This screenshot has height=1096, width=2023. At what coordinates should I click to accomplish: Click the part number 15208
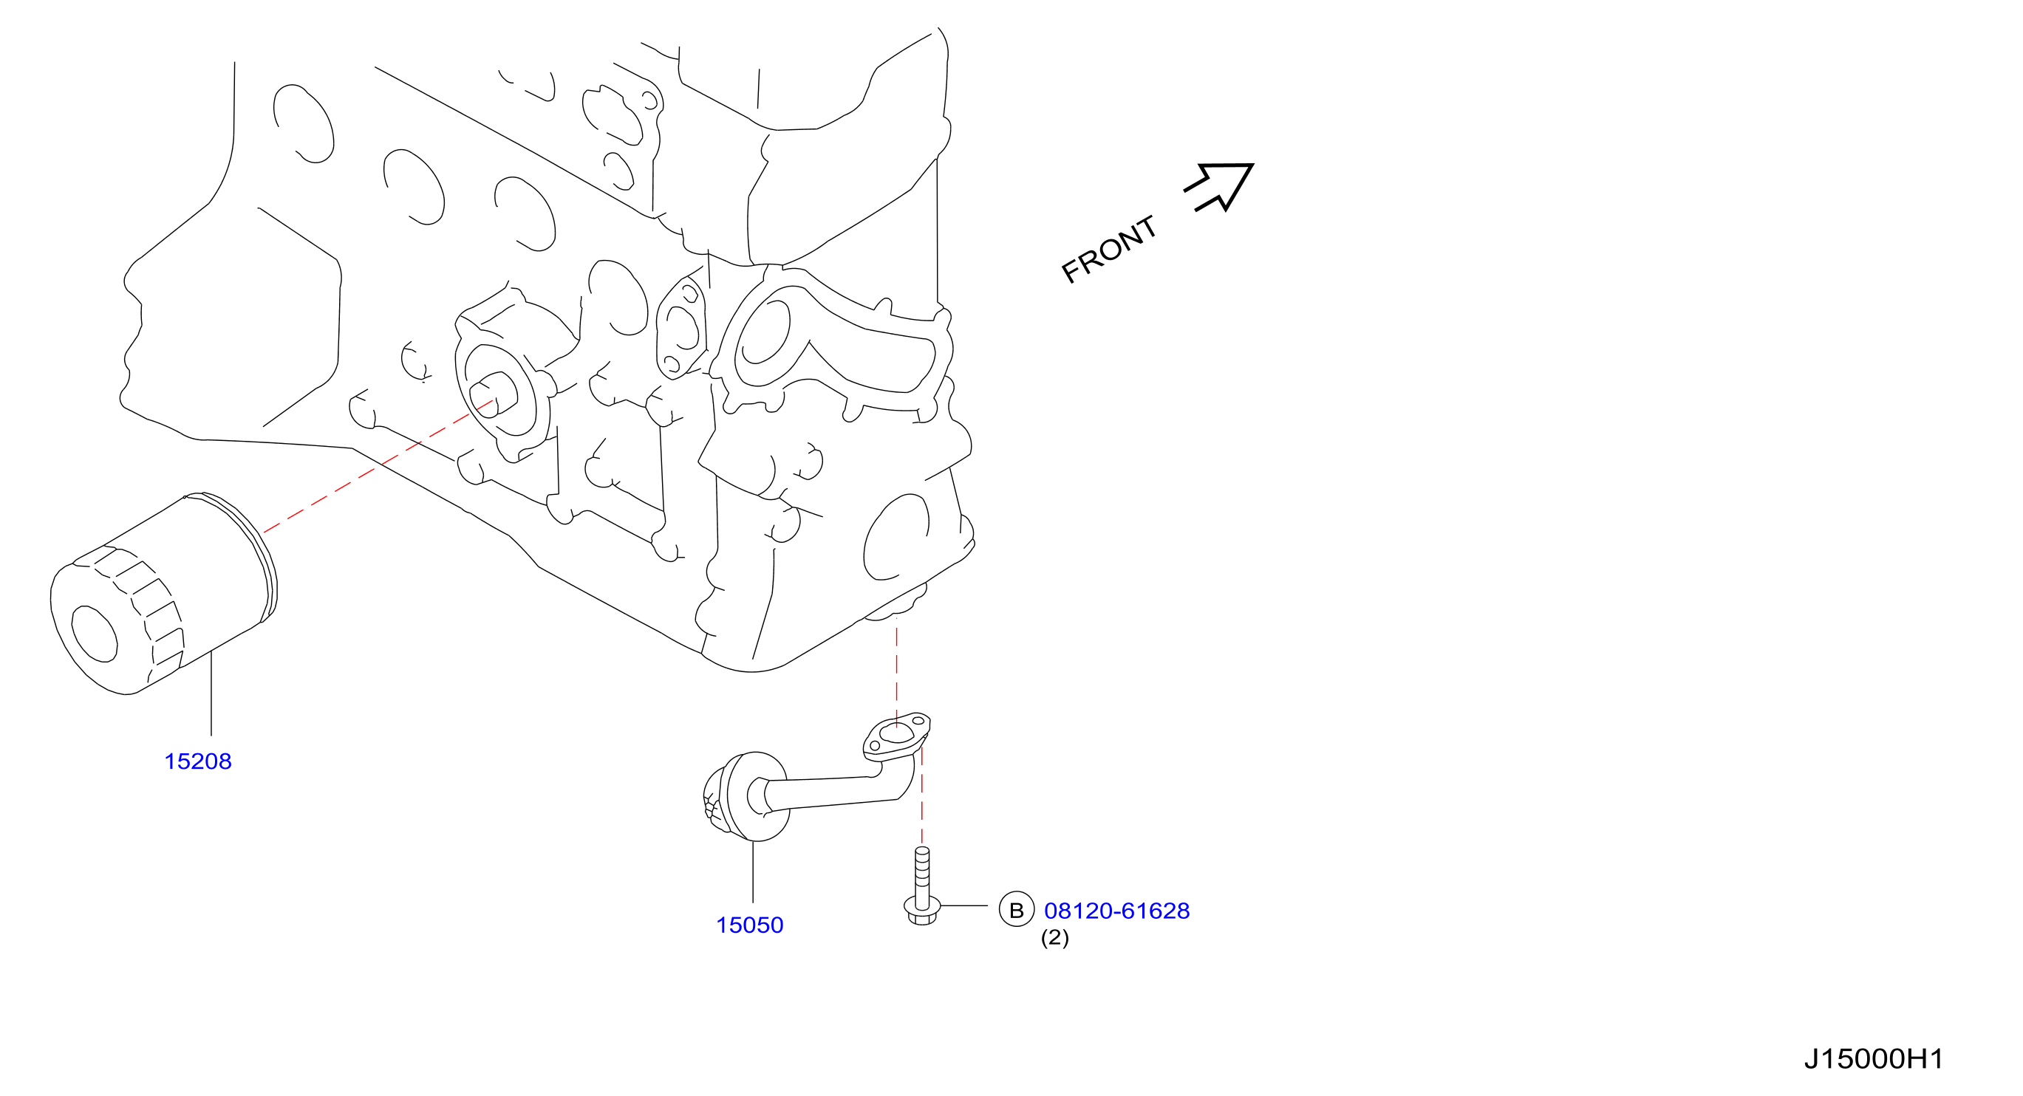198,761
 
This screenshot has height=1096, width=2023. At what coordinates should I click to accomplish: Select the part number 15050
750,925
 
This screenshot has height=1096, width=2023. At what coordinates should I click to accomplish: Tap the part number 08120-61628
1116,911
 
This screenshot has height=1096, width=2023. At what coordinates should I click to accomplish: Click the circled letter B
1016,910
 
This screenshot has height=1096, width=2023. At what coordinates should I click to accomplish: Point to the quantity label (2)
1054,937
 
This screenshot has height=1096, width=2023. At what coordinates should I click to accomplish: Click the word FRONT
1109,249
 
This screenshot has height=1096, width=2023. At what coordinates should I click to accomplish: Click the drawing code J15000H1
1873,1059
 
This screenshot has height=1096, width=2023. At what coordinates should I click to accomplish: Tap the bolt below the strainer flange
922,886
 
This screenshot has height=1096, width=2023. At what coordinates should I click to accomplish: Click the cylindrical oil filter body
163,595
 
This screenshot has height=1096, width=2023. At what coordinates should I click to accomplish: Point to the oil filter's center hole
95,634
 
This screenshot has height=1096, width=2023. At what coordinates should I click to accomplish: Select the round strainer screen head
746,797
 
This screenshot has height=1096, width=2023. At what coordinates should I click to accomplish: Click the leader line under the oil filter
211,694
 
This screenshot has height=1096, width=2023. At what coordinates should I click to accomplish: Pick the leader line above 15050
753,872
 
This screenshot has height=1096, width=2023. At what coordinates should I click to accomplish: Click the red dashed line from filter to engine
378,466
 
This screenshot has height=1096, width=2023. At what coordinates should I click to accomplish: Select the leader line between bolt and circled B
963,906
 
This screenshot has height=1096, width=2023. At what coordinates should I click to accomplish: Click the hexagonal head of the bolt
923,913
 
